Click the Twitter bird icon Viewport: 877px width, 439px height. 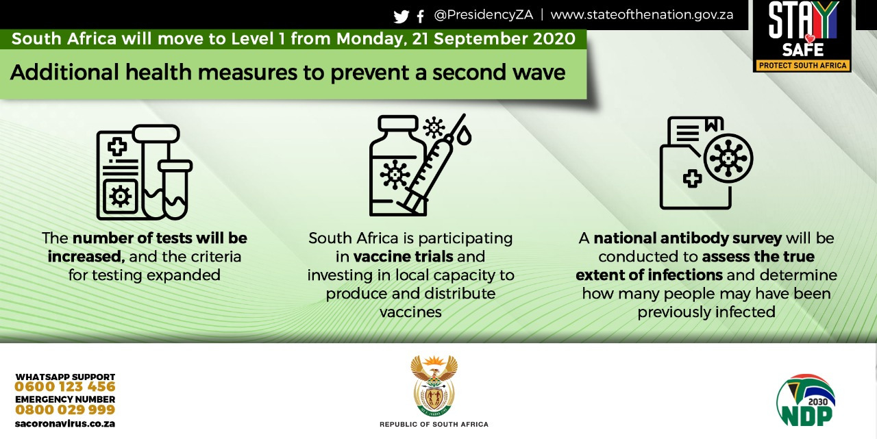[x=402, y=16]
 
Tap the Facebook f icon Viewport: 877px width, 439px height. [x=421, y=16]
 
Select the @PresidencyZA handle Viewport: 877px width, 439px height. [x=484, y=15]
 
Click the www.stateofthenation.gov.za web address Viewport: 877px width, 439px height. [x=642, y=14]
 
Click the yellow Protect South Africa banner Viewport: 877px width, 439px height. [x=802, y=65]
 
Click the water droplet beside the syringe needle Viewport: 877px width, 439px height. [x=464, y=135]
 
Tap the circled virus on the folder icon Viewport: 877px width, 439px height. [x=728, y=158]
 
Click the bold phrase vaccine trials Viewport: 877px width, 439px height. [x=403, y=257]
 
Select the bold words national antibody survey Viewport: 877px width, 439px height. [x=687, y=238]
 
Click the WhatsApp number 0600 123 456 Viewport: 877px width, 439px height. [x=65, y=387]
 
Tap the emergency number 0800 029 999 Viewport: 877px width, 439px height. [x=65, y=410]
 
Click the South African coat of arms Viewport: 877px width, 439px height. [x=434, y=386]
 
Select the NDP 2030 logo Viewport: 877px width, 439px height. [x=805, y=400]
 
